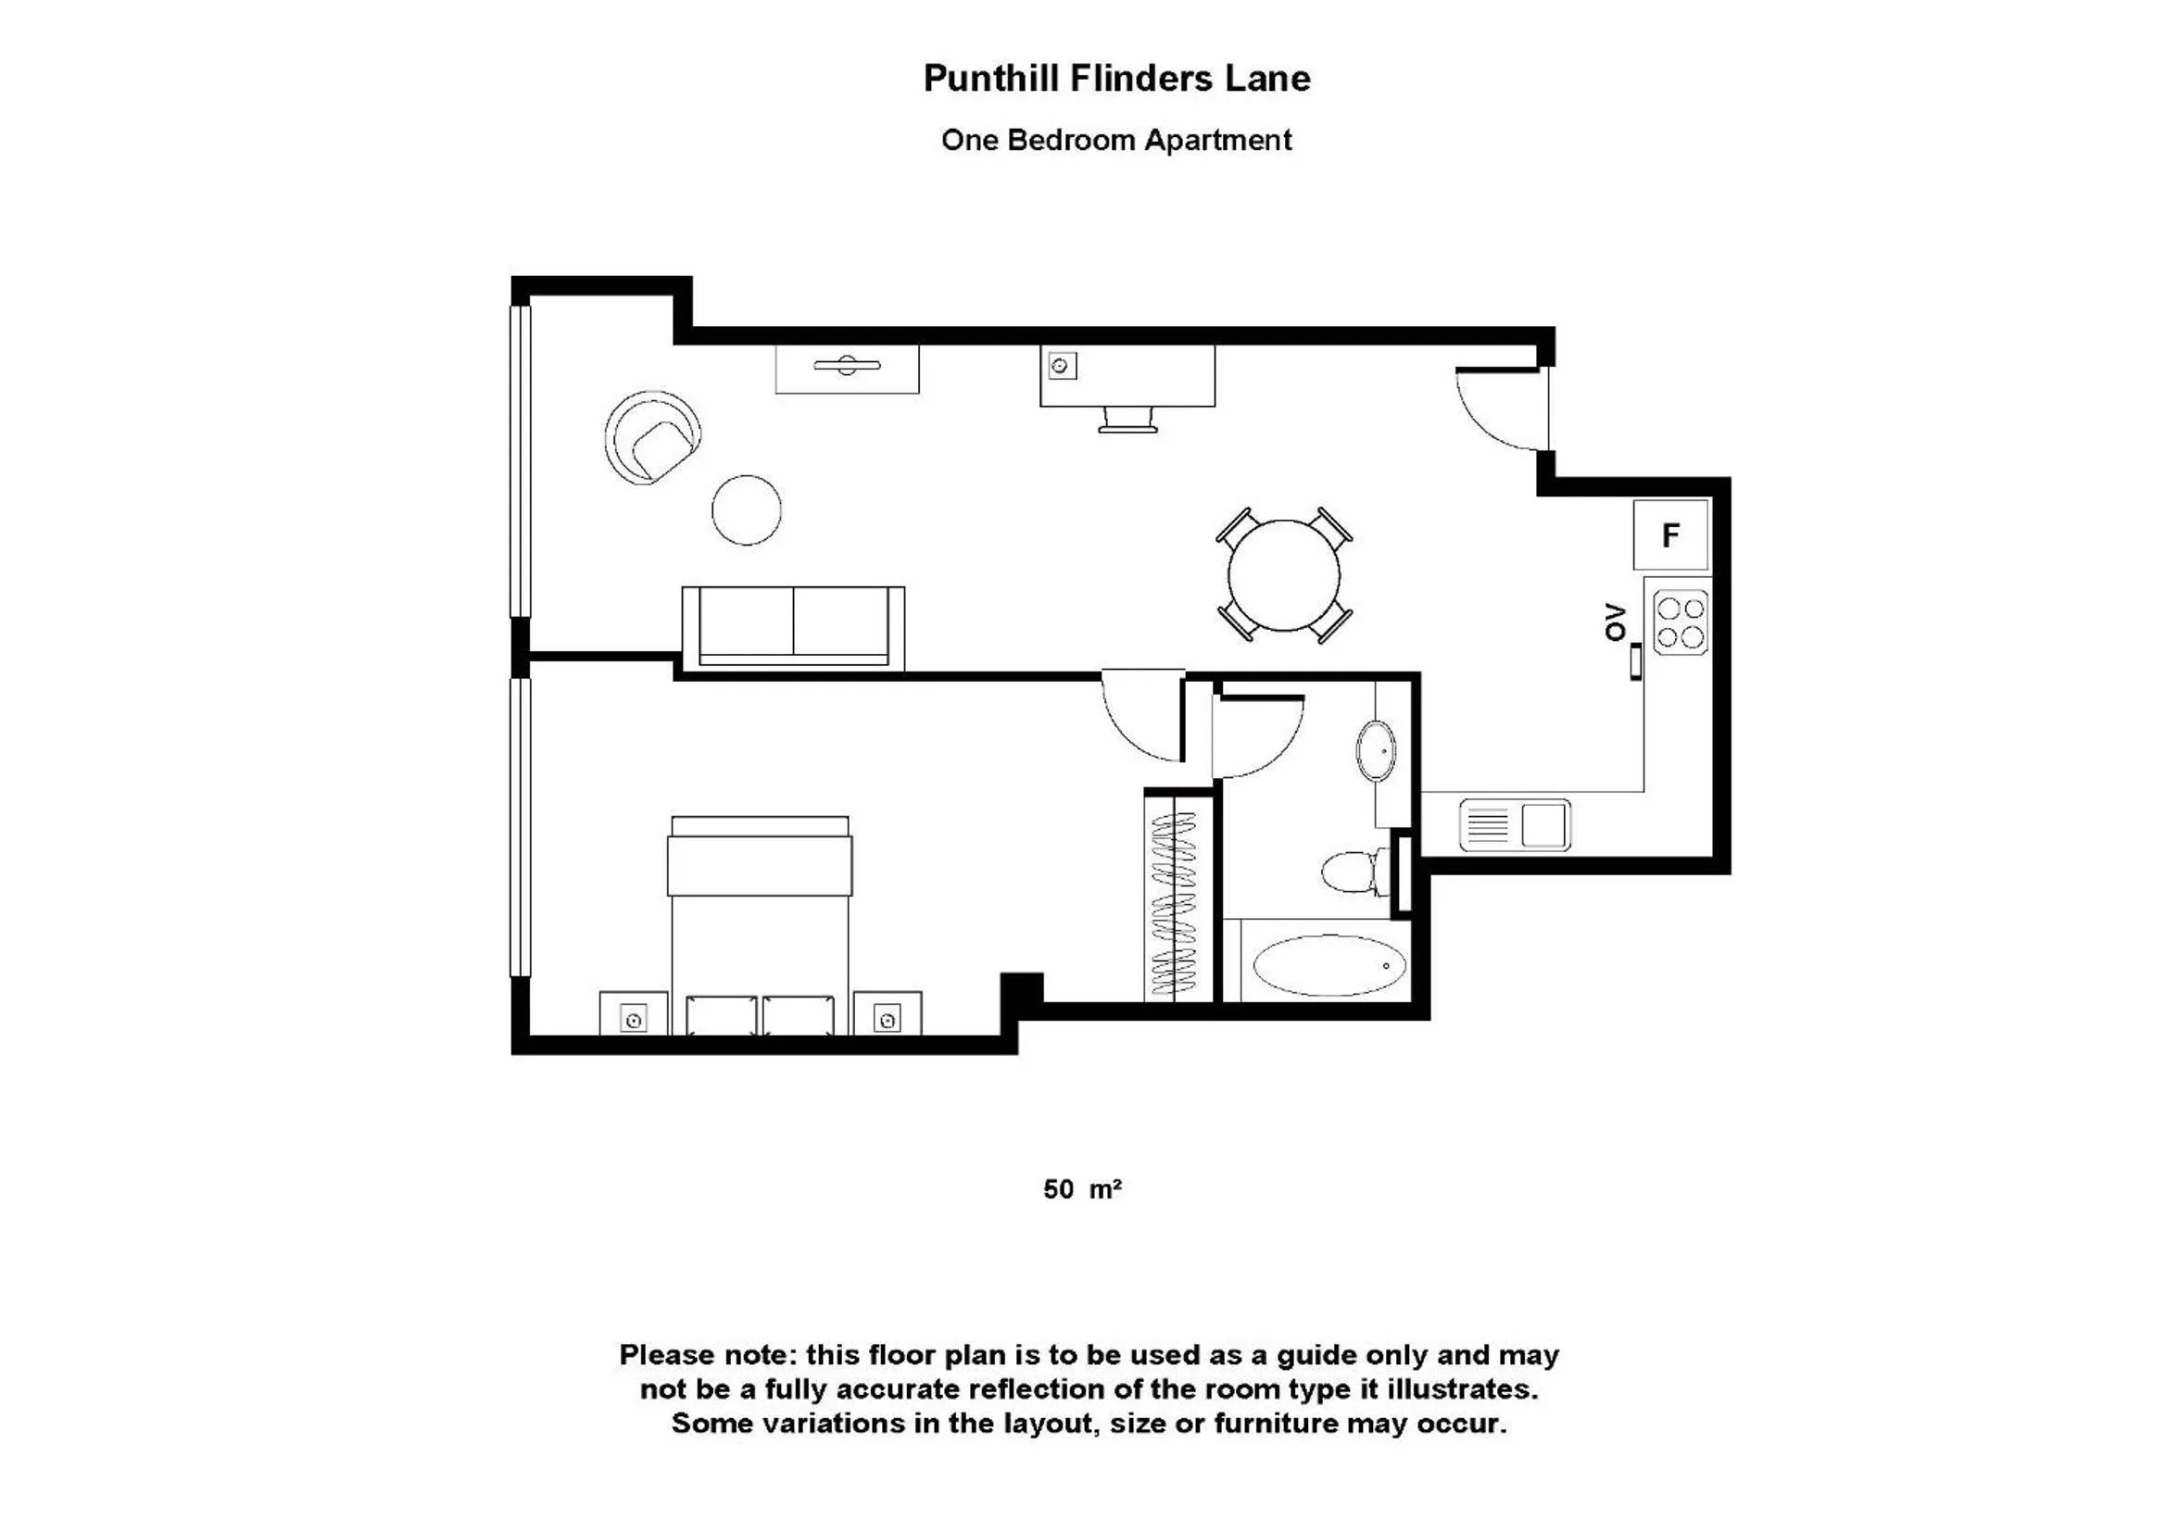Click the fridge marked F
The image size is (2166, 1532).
1670,534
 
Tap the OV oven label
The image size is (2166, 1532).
1615,622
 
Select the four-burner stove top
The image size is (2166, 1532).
1681,622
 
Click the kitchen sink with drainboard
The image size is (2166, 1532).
1514,824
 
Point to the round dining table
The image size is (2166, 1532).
1283,574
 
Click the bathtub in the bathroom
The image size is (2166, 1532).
1329,965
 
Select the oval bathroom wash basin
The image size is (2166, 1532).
1377,751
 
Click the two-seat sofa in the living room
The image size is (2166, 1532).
793,625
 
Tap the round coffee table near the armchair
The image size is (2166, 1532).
746,510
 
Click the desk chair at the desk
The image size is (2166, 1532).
1127,420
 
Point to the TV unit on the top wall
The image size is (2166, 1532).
846,369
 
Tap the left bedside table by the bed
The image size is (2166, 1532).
633,1014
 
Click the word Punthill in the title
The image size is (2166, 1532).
991,79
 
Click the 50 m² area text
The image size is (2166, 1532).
1081,1189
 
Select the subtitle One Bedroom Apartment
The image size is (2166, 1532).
1116,141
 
